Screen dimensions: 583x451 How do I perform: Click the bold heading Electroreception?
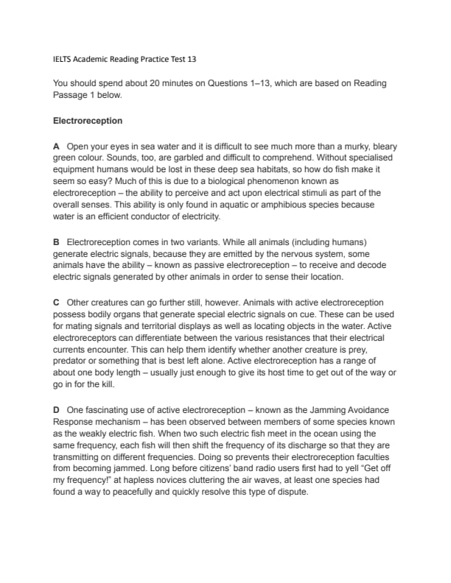[x=88, y=120]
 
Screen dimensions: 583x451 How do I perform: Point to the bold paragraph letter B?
[x=57, y=241]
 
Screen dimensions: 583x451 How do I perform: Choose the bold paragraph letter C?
[x=57, y=303]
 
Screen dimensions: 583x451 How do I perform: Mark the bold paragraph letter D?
[x=57, y=409]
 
